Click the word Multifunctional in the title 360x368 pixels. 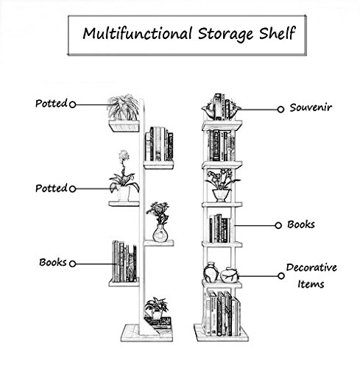(138, 33)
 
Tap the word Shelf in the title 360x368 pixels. (278, 33)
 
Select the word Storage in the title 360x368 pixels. (225, 35)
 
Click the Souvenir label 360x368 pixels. (311, 107)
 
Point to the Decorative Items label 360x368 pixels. (311, 276)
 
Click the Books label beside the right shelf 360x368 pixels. (301, 224)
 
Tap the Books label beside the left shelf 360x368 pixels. (53, 262)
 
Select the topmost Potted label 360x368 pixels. (52, 103)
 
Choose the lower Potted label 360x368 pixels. (52, 188)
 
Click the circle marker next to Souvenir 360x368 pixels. (280, 110)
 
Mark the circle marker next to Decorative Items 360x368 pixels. (281, 276)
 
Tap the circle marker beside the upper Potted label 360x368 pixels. (72, 105)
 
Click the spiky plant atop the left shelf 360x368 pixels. (123, 107)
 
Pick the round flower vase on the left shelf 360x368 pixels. (160, 233)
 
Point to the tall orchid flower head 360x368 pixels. (124, 155)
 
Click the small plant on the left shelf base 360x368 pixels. (156, 308)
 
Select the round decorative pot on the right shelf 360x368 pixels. (230, 275)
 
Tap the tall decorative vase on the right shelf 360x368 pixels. (211, 272)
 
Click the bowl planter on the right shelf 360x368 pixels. (222, 195)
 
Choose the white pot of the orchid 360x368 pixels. (123, 194)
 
